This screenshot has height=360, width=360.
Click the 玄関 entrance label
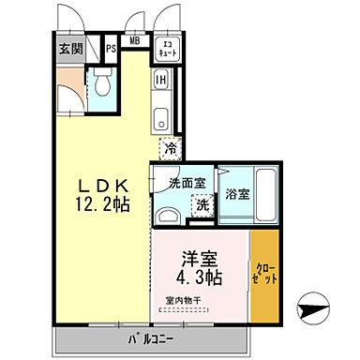[x=70, y=50]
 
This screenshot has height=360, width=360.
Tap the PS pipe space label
[x=111, y=49]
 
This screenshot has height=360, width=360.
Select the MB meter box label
[x=135, y=41]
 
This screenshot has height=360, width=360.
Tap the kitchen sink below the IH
[x=160, y=119]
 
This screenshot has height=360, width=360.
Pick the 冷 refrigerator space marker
[x=171, y=147]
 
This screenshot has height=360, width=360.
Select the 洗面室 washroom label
[x=187, y=184]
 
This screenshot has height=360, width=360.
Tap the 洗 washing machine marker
[x=201, y=204]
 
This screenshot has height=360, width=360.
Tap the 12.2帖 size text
[x=98, y=202]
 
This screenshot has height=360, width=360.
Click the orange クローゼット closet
[x=263, y=275]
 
